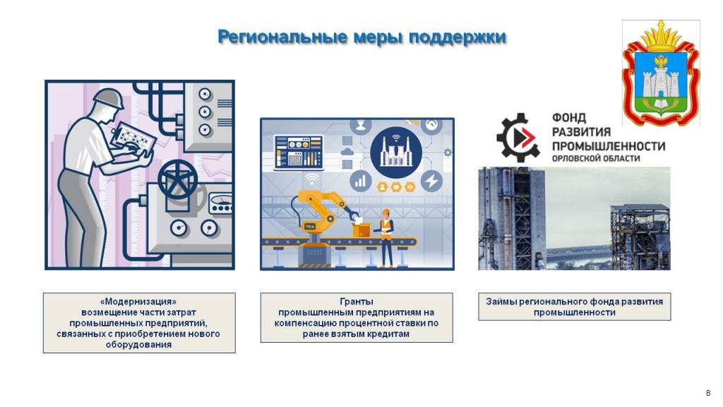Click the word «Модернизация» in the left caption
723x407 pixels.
[x=138, y=302]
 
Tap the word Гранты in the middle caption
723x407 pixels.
[x=357, y=302]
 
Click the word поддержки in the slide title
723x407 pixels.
[x=458, y=37]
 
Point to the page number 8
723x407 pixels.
[x=708, y=393]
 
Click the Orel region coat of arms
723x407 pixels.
[x=661, y=73]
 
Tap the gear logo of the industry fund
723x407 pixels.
[x=518, y=137]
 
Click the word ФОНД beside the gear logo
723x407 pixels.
[x=569, y=118]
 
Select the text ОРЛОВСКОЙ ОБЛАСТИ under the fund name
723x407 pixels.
[x=596, y=158]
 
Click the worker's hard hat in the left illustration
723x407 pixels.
[x=109, y=98]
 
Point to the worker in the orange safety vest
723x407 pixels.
[x=386, y=237]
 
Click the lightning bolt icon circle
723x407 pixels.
[x=431, y=180]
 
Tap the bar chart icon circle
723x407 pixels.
[x=361, y=180]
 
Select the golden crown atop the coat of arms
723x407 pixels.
[x=661, y=37]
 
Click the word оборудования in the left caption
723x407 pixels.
[x=138, y=345]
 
